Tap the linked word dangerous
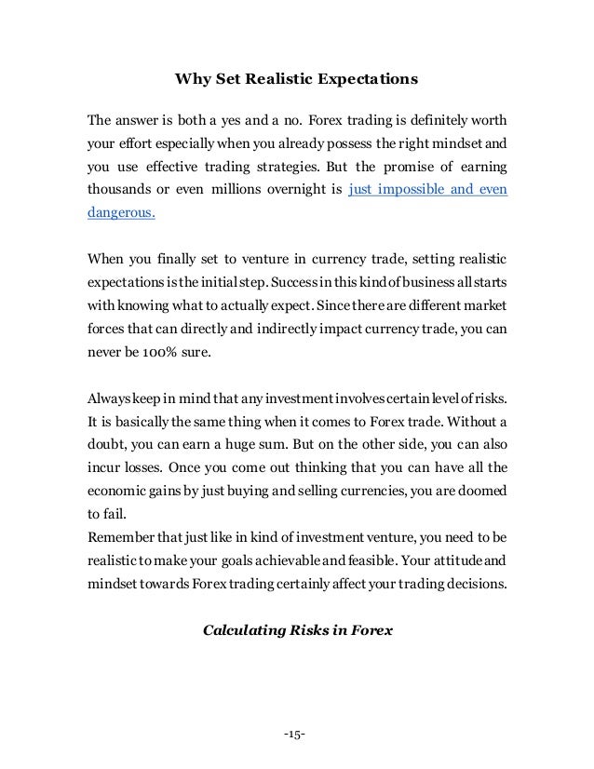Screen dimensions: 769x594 coord(122,212)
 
